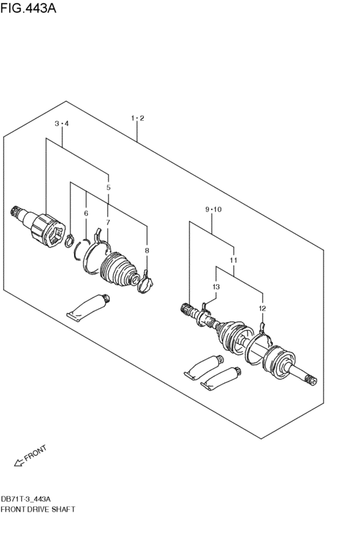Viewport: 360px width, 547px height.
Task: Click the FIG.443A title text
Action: click(28, 8)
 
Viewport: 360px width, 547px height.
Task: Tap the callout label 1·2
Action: click(138, 118)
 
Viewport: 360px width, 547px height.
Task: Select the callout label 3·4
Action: click(62, 123)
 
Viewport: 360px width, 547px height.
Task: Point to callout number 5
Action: click(109, 187)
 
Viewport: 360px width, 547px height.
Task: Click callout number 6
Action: click(86, 213)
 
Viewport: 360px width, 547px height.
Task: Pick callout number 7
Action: click(108, 222)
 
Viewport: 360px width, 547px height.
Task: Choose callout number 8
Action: click(147, 251)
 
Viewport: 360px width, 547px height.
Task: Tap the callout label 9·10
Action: click(213, 210)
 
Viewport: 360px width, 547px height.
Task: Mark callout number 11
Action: click(234, 260)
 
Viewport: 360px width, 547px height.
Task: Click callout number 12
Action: click(262, 309)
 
